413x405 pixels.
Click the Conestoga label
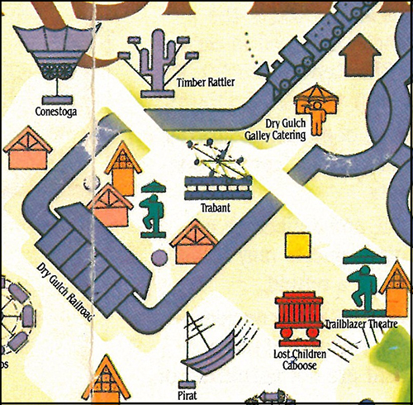pos(55,111)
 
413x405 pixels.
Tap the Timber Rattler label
pos(203,82)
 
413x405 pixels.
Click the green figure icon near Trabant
pos(153,209)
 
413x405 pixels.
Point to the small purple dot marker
pos(159,259)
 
